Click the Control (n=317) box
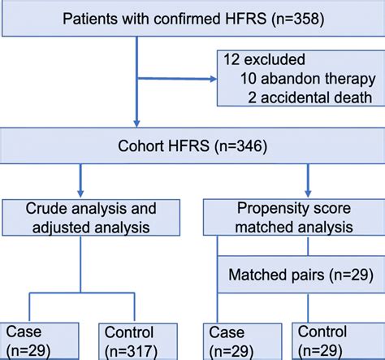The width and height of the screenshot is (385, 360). [136, 341]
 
